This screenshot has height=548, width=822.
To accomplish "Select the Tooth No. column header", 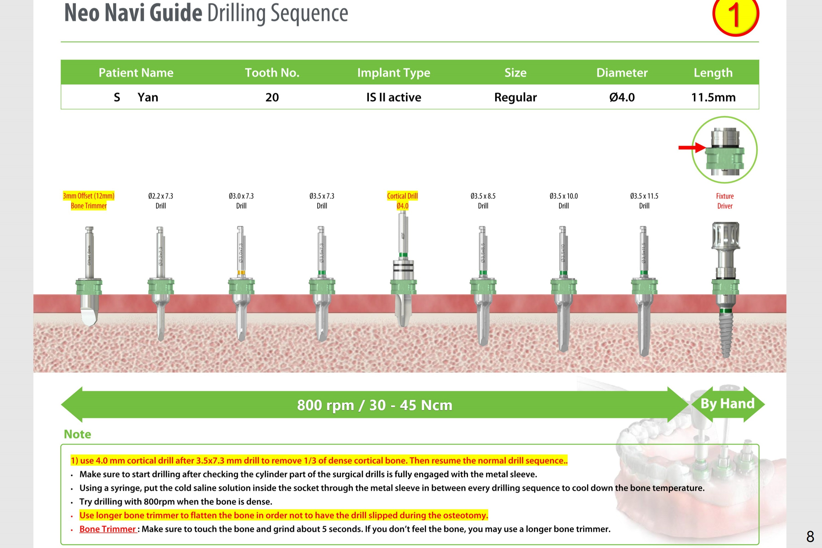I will pyautogui.click(x=272, y=73).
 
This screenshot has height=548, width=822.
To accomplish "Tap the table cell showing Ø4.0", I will pyautogui.click(x=622, y=97).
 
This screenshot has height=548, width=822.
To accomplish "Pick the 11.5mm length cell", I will pyautogui.click(x=713, y=97).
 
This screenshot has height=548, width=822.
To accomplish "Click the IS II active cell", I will pyautogui.click(x=393, y=97).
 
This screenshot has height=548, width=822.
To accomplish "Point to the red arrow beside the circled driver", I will pyautogui.click(x=691, y=148).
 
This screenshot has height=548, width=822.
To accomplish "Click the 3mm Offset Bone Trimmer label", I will pyautogui.click(x=89, y=201).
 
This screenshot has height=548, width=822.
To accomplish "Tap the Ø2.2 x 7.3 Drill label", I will pyautogui.click(x=161, y=201).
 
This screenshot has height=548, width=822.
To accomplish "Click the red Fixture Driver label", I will pyautogui.click(x=725, y=201).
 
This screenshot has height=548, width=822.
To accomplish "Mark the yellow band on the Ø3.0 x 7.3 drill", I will pyautogui.click(x=241, y=272).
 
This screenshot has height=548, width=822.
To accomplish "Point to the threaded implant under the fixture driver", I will pyautogui.click(x=725, y=334).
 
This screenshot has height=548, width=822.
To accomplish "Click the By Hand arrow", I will pyautogui.click(x=727, y=404).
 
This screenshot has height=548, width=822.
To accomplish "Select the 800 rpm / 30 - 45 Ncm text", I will pyautogui.click(x=375, y=405).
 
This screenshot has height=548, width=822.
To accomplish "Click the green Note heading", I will pyautogui.click(x=77, y=434).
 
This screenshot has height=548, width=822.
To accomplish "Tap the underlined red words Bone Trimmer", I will pyautogui.click(x=107, y=529).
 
